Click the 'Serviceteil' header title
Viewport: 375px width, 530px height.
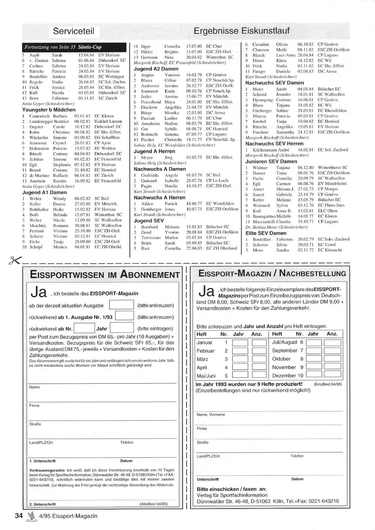pos(73,31)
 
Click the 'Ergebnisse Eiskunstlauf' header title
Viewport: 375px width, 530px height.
pos(242,31)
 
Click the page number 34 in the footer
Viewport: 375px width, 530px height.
pos(19,516)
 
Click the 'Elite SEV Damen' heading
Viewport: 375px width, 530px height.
pos(266,233)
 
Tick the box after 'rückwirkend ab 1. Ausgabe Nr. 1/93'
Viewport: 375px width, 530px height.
pos(124,316)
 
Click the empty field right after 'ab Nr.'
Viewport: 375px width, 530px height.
pos(84,328)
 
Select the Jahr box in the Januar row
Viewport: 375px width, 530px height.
pos(240,343)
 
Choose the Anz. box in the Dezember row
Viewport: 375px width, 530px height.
pos(332,375)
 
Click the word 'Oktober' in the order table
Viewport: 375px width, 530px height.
pos(281,359)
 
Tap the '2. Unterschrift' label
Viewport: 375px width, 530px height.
pos(42,504)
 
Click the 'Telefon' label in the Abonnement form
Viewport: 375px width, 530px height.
pos(127,443)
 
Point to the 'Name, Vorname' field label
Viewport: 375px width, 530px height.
pos(211,415)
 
